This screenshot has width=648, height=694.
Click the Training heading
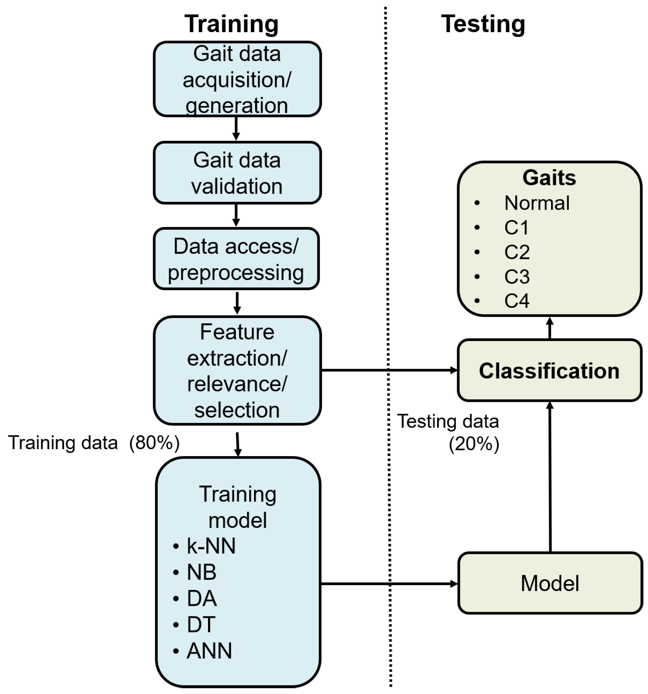(x=231, y=24)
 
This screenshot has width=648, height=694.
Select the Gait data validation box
(x=237, y=173)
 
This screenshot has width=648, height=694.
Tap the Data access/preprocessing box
(x=236, y=259)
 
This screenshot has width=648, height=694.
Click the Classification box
(x=549, y=371)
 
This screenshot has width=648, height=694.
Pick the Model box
(x=550, y=583)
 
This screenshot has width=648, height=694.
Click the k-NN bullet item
(x=211, y=546)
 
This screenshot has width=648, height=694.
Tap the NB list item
(x=201, y=572)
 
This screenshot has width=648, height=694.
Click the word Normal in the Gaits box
(x=537, y=203)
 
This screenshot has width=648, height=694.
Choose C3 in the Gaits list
(x=517, y=277)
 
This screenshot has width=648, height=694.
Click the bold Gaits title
(x=549, y=178)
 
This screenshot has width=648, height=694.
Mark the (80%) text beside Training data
(x=154, y=443)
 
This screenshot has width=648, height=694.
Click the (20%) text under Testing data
(x=474, y=445)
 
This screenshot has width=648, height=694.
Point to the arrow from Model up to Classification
(x=550, y=478)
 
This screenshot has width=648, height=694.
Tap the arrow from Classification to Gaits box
(x=550, y=328)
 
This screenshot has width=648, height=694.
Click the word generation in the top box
(x=237, y=106)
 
